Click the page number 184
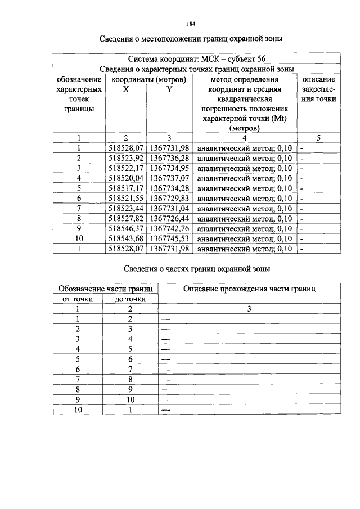(x=190, y=24)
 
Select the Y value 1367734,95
(x=170, y=168)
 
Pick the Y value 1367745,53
(x=170, y=238)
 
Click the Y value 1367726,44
(x=170, y=218)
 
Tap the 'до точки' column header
(x=130, y=299)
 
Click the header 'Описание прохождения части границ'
(x=249, y=289)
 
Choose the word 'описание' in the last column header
(x=318, y=79)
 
